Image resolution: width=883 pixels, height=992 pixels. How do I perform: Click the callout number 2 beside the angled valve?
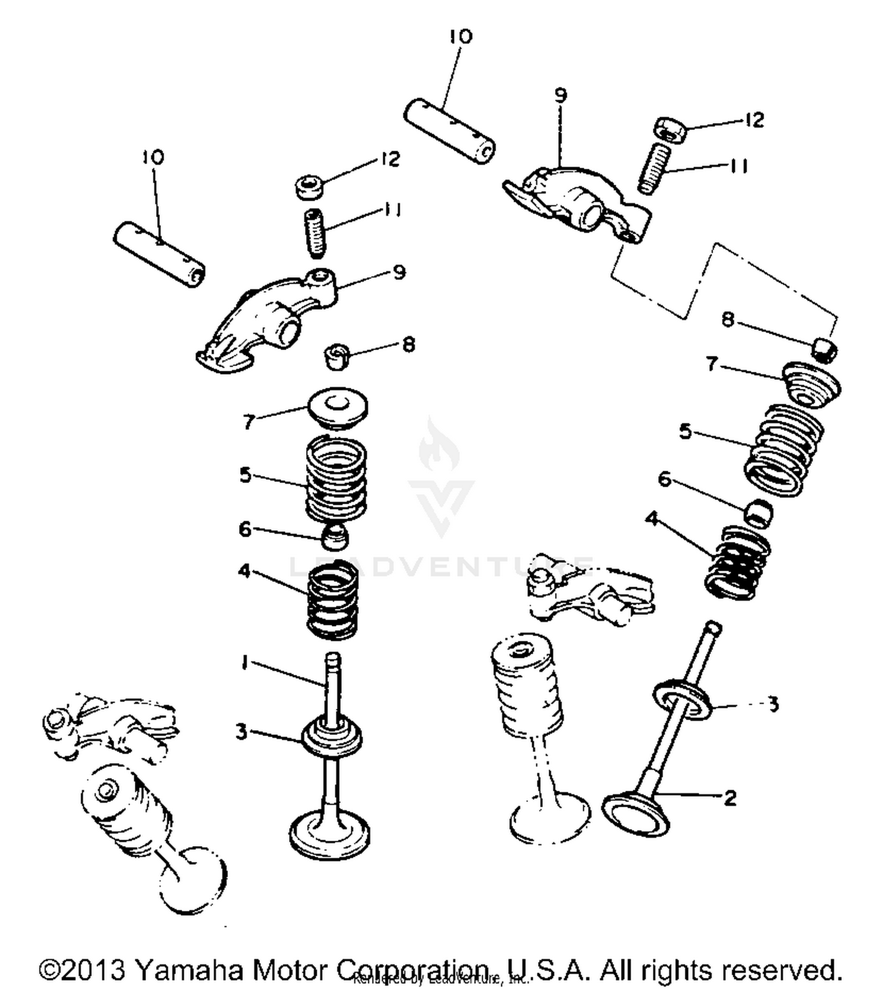730,798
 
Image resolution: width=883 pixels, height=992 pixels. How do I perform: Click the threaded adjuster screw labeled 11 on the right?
654,168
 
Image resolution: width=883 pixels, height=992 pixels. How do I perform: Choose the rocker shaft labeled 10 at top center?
449,131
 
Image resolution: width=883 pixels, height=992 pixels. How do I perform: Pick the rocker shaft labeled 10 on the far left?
159,254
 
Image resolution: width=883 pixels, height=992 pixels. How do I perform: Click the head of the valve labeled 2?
637,815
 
